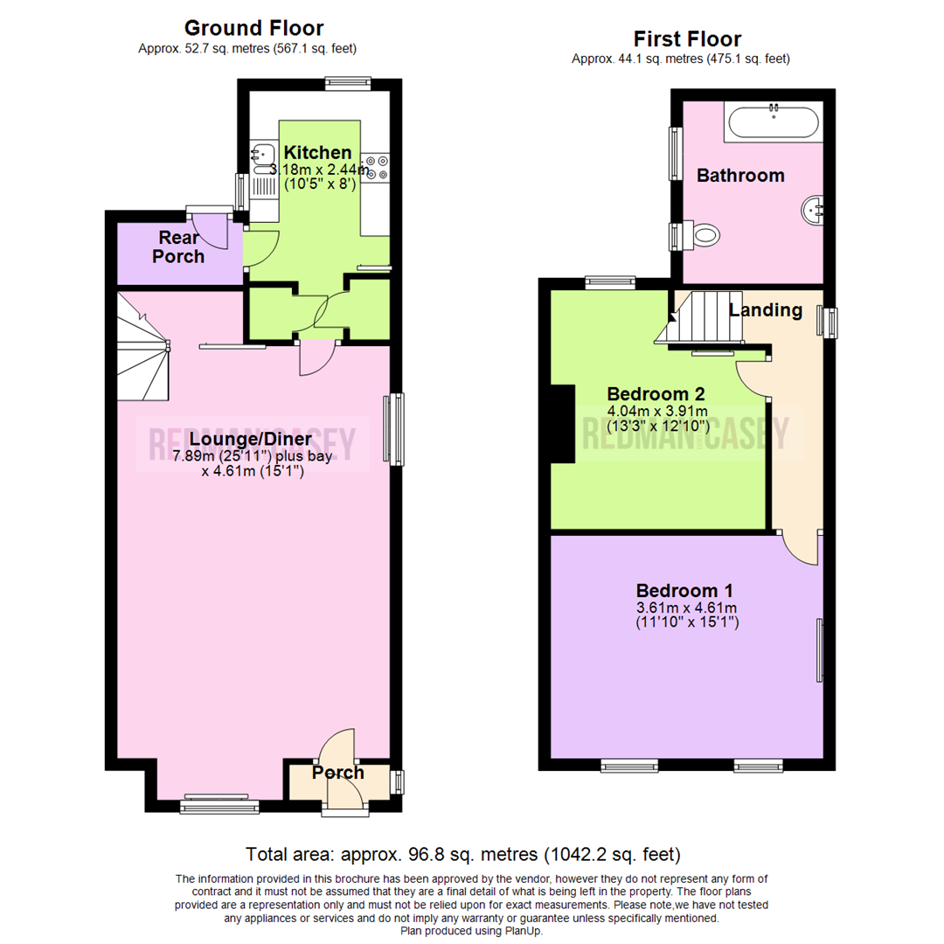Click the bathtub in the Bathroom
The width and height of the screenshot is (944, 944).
tap(772, 121)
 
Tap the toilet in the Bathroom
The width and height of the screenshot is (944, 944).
tap(703, 234)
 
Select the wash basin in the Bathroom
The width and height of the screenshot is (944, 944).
tap(812, 209)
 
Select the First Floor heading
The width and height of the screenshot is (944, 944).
tap(687, 39)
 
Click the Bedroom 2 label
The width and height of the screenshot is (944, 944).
tap(656, 393)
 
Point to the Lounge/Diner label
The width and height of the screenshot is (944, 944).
tap(252, 439)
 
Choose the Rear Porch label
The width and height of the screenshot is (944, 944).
tap(181, 246)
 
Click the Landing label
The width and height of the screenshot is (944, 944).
tap(766, 309)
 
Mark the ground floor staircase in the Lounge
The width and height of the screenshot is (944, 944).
tap(142, 347)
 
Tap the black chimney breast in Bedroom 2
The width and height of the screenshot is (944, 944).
tap(561, 424)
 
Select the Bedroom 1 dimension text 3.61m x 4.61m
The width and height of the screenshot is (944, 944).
tap(686, 608)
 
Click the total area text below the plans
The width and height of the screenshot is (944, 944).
tap(463, 854)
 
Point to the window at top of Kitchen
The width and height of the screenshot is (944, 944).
tap(347, 84)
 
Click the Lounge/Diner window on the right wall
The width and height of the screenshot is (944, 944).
tap(396, 428)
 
